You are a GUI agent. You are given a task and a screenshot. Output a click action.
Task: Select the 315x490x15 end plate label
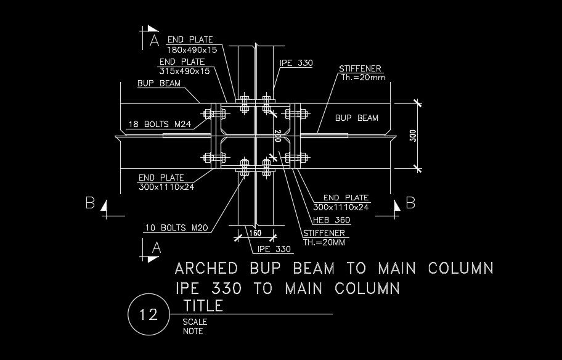pyautogui.click(x=185, y=71)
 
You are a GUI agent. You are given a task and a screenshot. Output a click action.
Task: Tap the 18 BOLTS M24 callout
pyautogui.click(x=159, y=125)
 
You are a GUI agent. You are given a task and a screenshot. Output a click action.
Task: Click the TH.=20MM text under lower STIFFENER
pyautogui.click(x=324, y=242)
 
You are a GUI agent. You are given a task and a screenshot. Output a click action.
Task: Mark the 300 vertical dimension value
pyautogui.click(x=413, y=135)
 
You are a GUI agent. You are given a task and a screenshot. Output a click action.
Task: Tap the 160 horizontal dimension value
pyautogui.click(x=255, y=233)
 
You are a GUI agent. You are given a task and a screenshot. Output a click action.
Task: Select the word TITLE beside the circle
pyautogui.click(x=204, y=306)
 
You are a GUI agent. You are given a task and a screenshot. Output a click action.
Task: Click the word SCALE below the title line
pyautogui.click(x=195, y=322)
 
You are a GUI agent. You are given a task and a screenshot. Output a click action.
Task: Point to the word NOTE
pyautogui.click(x=193, y=331)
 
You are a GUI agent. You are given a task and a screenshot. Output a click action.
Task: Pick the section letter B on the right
pyautogui.click(x=410, y=202)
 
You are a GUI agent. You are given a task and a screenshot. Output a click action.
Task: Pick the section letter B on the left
pyautogui.click(x=90, y=203)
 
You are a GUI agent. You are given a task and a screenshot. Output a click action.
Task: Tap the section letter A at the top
pyautogui.click(x=155, y=41)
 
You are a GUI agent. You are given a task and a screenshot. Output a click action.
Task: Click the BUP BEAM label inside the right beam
pyautogui.click(x=357, y=118)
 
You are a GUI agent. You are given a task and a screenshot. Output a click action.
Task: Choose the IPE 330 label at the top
pyautogui.click(x=296, y=63)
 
